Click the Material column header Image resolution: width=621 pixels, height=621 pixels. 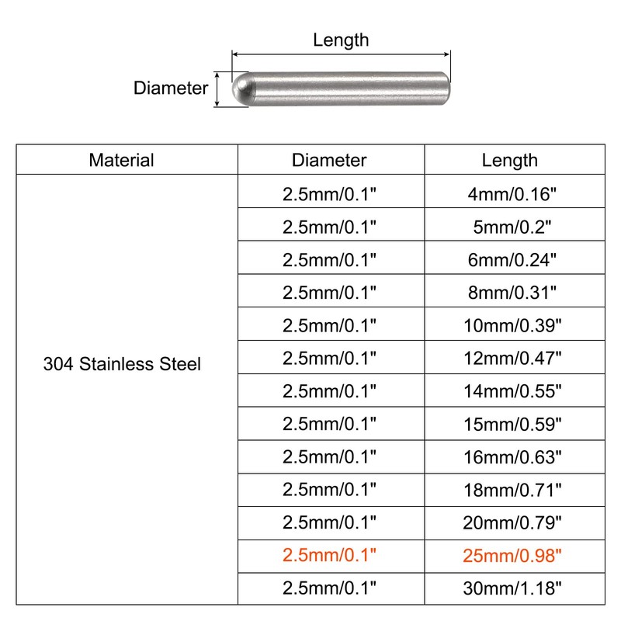[x=121, y=160]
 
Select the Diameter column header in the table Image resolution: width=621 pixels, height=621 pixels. [x=329, y=160]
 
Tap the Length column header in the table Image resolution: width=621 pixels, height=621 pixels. [x=510, y=160]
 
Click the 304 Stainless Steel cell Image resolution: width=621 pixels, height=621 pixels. [x=121, y=363]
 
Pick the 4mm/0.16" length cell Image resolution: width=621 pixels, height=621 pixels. [x=510, y=193]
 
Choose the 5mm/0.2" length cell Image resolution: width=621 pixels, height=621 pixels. [x=510, y=227]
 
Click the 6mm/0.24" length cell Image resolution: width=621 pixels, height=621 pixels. [x=510, y=259]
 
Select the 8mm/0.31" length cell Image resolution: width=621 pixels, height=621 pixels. [x=510, y=293]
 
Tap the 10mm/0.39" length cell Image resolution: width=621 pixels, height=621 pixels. [x=510, y=325]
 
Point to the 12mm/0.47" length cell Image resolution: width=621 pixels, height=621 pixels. [x=510, y=358]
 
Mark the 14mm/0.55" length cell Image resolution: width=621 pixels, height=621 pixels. [x=510, y=391]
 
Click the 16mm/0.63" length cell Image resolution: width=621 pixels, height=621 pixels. [x=510, y=457]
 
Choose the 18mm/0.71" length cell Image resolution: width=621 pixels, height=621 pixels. [x=510, y=490]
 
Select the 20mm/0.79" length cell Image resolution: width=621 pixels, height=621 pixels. [x=510, y=522]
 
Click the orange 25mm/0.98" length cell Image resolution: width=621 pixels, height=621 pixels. [x=510, y=556]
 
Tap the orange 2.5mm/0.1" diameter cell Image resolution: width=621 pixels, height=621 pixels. [x=329, y=556]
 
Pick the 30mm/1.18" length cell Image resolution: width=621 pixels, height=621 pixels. [x=510, y=588]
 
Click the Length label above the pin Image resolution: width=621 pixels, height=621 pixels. [x=341, y=40]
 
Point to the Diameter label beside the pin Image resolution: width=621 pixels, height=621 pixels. [x=171, y=88]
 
